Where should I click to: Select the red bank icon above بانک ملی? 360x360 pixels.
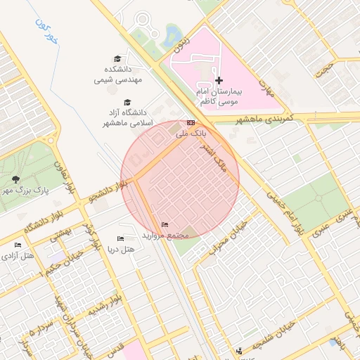coord(191,123)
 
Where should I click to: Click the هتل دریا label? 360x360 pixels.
coord(120,250)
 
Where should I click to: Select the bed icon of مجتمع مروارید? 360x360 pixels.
coord(165,224)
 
